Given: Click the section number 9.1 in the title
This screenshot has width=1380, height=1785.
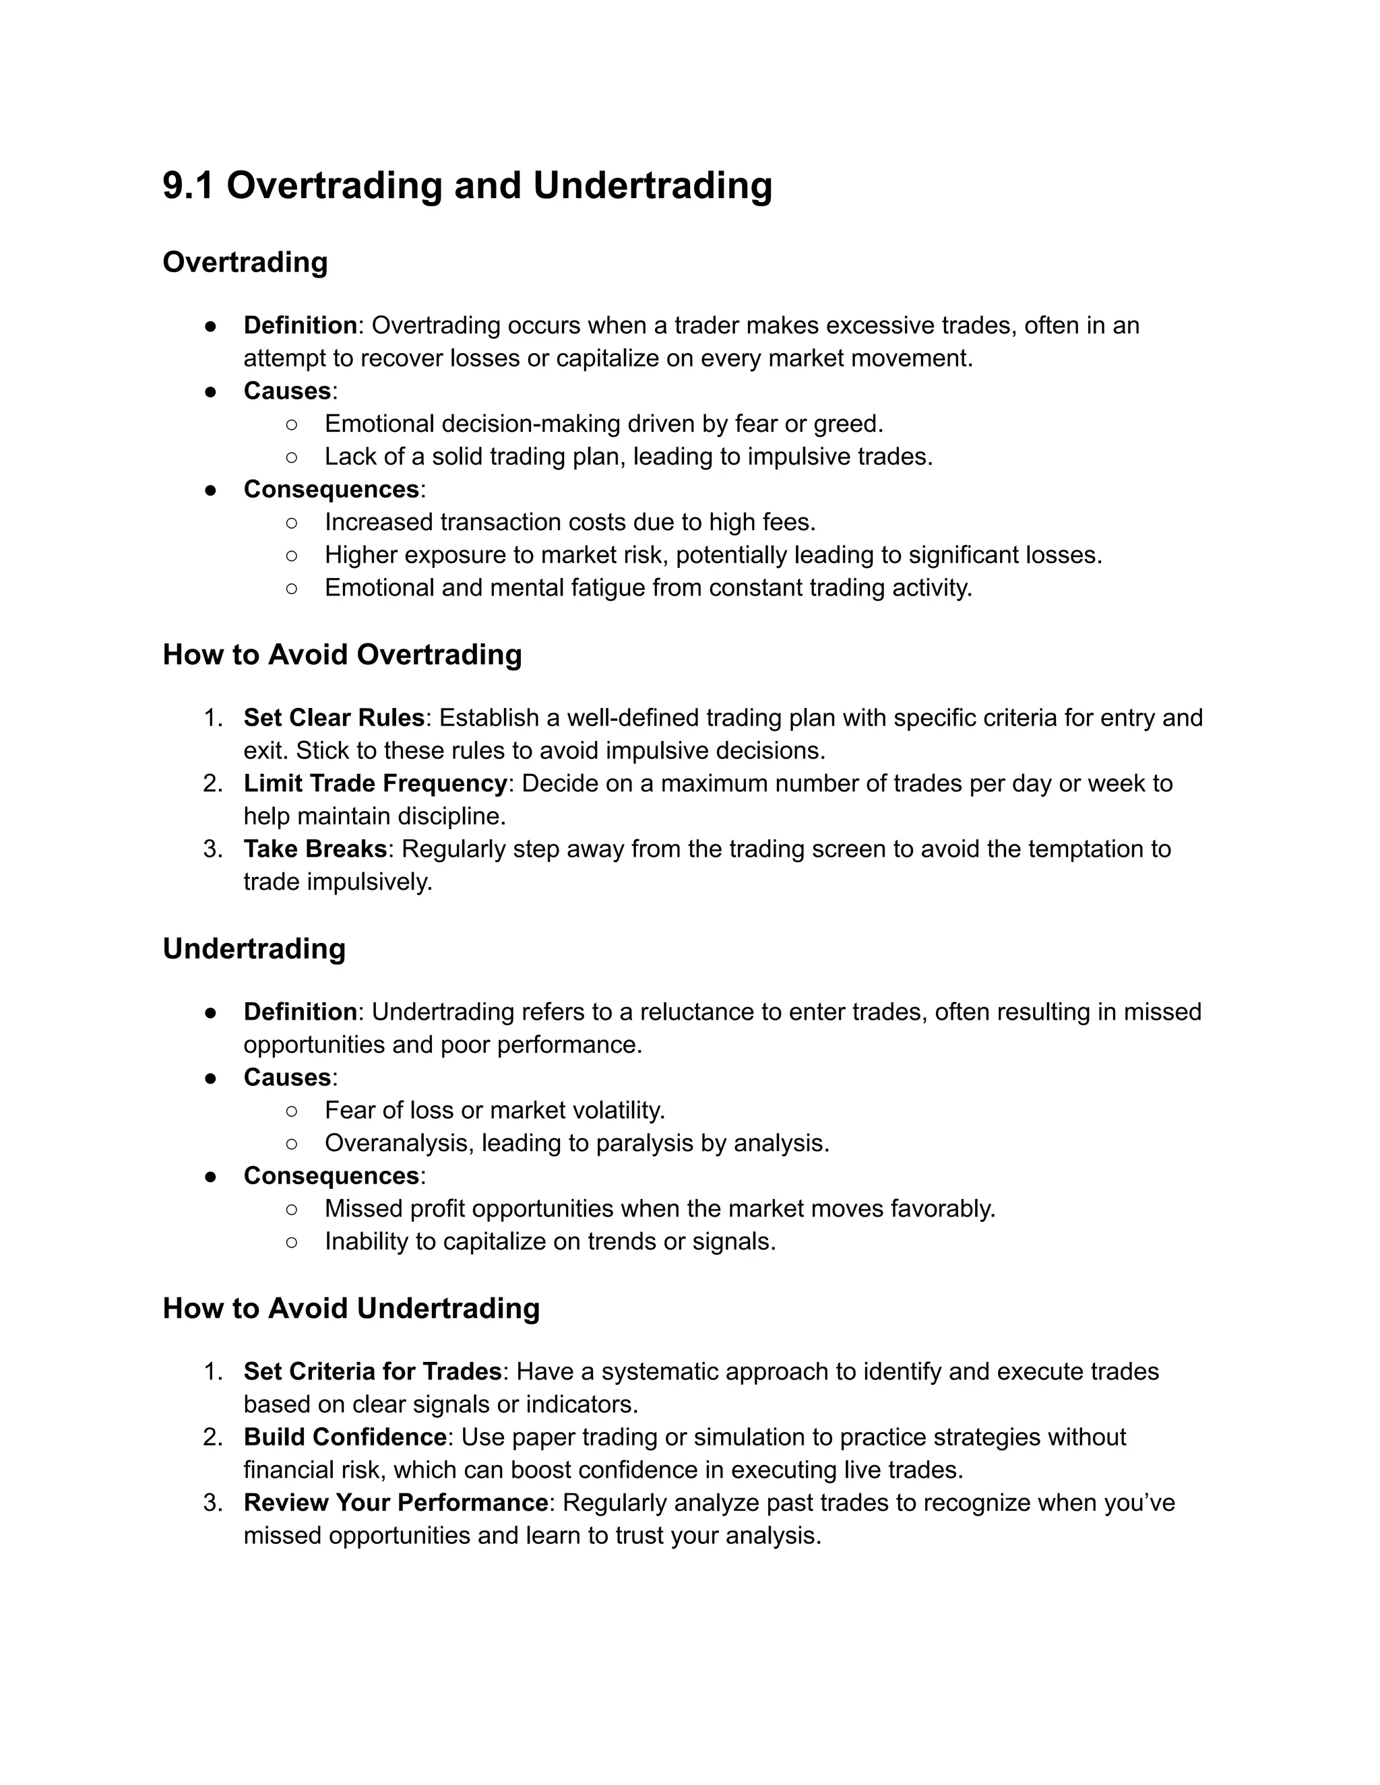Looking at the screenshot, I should pos(188,185).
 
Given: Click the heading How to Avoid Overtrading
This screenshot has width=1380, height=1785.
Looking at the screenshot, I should pos(342,655).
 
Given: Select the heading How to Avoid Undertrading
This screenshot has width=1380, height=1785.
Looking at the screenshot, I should pos(350,1309).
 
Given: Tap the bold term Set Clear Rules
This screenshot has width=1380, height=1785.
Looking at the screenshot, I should pos(334,717).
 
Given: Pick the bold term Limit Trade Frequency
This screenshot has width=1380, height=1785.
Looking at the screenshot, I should pos(375,783).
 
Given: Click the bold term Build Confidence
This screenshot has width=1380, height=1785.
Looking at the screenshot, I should pos(345,1437).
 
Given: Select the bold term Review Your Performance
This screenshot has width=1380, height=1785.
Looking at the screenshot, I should pos(396,1502).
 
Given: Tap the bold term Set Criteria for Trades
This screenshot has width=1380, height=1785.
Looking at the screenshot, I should pos(372,1371).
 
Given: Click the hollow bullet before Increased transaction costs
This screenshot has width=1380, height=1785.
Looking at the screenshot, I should pos(292,522).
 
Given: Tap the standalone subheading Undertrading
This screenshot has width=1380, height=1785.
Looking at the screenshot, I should pos(253,949).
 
